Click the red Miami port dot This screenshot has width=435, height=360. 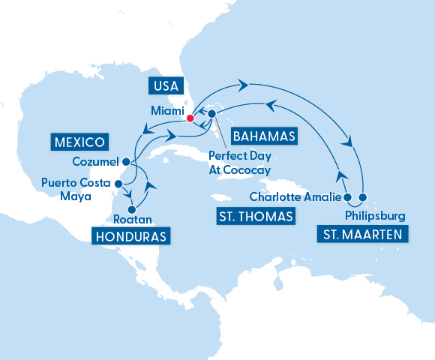click(190, 118)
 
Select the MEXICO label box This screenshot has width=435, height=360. click(79, 141)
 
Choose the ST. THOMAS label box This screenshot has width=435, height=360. click(256, 217)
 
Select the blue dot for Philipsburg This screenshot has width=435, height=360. click(363, 198)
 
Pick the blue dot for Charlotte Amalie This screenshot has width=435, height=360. click(346, 198)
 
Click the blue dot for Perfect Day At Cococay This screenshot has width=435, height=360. click(211, 114)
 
